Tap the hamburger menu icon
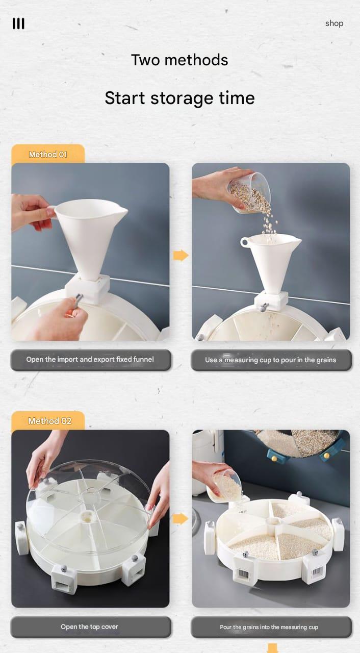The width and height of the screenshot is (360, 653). (x=18, y=23)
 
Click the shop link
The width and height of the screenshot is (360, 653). (x=334, y=23)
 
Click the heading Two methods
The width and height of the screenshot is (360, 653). (x=179, y=60)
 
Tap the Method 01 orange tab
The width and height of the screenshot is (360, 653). (x=48, y=154)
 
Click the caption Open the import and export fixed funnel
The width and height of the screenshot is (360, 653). (x=90, y=359)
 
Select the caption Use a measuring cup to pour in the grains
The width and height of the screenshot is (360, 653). (x=271, y=360)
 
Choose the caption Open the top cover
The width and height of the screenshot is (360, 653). (x=89, y=626)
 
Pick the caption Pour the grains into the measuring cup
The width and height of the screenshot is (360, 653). (x=269, y=627)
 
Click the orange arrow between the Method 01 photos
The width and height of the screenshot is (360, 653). (x=181, y=256)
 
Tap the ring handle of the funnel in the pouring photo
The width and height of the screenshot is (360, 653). (x=244, y=242)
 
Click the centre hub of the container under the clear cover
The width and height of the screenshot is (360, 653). (x=87, y=516)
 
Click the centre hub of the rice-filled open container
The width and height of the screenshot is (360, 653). (x=274, y=521)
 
